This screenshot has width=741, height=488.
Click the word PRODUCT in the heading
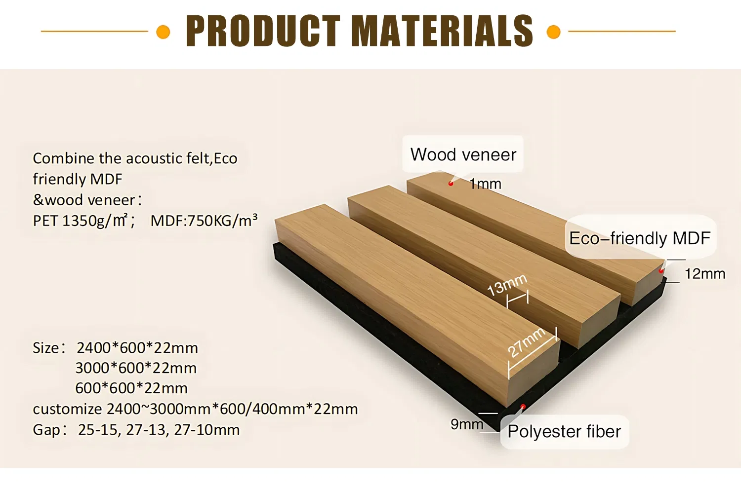(x=263, y=31)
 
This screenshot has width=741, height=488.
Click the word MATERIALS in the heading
(x=442, y=31)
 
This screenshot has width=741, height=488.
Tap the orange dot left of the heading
(x=163, y=32)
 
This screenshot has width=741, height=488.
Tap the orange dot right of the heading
(x=554, y=32)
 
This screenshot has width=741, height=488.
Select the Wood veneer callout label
(x=463, y=154)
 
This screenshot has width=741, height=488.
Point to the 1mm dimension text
(x=485, y=184)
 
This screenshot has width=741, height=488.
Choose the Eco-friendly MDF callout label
(x=640, y=238)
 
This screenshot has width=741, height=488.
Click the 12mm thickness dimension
(x=705, y=274)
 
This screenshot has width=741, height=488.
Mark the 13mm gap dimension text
(x=507, y=285)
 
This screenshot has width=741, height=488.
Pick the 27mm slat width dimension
(x=527, y=341)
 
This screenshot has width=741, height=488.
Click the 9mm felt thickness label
(x=466, y=424)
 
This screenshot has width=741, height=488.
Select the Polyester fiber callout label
(x=564, y=432)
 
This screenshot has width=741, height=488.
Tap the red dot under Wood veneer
(x=451, y=184)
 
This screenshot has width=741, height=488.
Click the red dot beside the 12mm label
(x=661, y=271)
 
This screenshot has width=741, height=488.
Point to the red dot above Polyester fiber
(x=523, y=407)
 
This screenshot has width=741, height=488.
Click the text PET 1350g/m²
(x=83, y=221)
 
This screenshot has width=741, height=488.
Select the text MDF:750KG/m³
(x=204, y=221)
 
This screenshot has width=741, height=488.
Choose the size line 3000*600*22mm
(x=136, y=368)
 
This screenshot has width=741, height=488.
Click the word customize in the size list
(x=67, y=409)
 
